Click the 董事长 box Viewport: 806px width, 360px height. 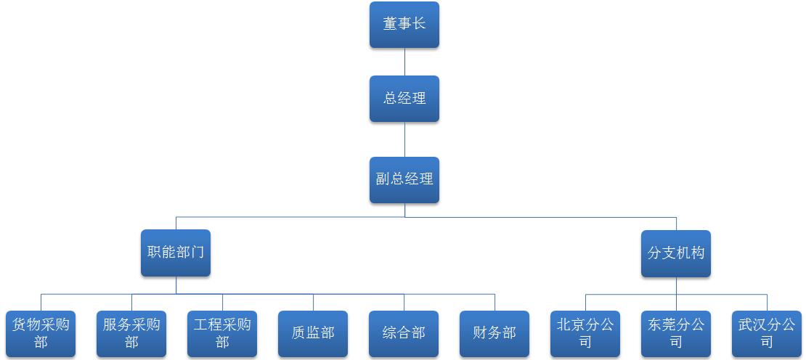pos(404,25)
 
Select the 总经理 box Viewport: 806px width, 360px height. pos(404,99)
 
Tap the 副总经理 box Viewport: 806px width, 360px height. pos(404,179)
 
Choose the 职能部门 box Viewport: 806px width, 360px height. pos(176,253)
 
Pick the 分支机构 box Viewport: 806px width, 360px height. pos(676,253)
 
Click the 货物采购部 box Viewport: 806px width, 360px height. pos(41,334)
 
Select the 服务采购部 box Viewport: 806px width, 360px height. pos(131,334)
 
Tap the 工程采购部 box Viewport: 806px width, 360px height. pos(222,334)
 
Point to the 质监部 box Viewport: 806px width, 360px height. pos(313,334)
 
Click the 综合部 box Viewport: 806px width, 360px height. pos(404,334)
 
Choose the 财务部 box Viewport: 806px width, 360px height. pos(494,334)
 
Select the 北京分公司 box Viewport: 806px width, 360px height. pos(585,334)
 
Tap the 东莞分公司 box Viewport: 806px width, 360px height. pos(676,334)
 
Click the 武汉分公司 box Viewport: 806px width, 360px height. pos(767,334)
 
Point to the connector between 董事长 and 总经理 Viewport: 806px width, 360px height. pos(404,62)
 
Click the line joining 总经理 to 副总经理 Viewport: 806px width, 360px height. pos(404,139)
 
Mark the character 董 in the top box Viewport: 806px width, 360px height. pos(390,24)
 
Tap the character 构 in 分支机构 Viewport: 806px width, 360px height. pos(698,253)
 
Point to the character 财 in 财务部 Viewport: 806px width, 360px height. pos(480,333)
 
